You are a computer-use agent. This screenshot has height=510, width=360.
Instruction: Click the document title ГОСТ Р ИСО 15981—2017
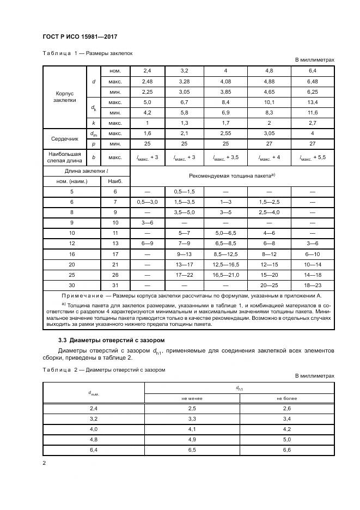click(81, 37)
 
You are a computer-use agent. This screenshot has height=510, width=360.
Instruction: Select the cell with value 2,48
click(148, 82)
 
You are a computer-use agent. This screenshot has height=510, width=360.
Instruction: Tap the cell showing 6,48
click(313, 82)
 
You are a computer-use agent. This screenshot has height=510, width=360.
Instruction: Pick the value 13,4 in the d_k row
click(313, 102)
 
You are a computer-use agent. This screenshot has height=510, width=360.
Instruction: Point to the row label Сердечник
click(64, 139)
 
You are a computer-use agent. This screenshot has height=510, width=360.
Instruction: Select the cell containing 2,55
click(225, 133)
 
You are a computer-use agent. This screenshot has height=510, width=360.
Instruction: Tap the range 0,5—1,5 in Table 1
click(184, 192)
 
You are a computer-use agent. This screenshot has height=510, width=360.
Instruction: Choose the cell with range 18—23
click(313, 285)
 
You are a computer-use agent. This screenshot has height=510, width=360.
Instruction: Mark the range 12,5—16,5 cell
click(225, 264)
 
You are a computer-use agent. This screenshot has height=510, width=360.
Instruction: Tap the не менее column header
click(191, 398)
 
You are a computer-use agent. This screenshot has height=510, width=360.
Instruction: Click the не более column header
click(286, 398)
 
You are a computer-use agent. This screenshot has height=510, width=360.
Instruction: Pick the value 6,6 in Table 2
click(286, 450)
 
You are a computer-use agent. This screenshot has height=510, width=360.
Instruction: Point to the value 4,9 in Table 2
click(191, 439)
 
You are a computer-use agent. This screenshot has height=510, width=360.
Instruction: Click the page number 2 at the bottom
click(44, 463)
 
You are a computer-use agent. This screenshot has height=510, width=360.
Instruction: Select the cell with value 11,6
click(313, 113)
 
